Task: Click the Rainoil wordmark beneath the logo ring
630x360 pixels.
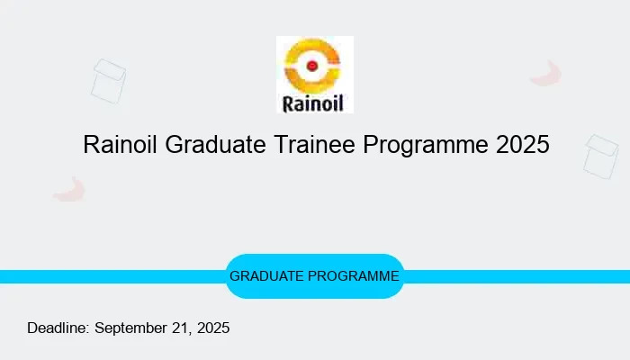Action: (314, 101)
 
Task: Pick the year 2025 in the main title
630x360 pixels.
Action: (522, 145)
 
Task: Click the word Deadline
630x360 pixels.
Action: (58, 328)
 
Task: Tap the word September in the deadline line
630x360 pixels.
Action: (131, 328)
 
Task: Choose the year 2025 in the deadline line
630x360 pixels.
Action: (213, 328)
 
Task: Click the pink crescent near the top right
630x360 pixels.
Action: (546, 74)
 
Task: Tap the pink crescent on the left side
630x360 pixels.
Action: (69, 190)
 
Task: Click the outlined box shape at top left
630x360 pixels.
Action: (108, 81)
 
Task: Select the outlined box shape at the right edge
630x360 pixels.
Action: (601, 157)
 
